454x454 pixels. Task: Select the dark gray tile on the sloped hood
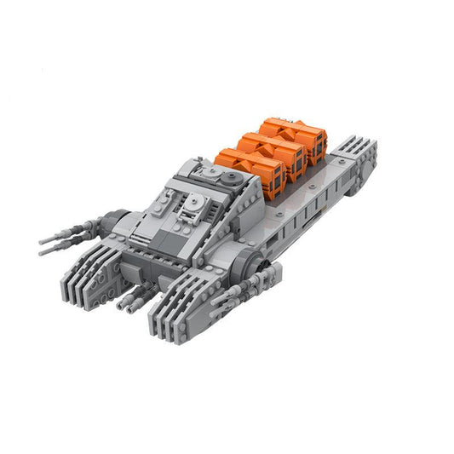[166, 234]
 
